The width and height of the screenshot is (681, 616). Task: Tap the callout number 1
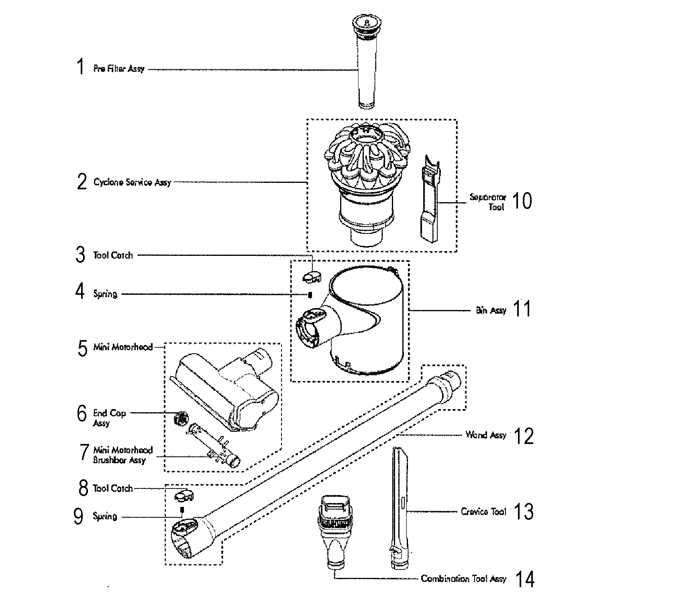[x=81, y=67]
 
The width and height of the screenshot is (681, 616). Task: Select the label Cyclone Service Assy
[x=132, y=182]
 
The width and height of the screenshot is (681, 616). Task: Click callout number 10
[x=522, y=201]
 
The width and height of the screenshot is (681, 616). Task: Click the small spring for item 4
[x=310, y=295]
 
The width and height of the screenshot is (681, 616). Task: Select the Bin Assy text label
[x=491, y=310]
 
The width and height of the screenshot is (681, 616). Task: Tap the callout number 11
[x=522, y=309]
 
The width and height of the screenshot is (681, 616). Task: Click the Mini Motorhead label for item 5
[x=123, y=347]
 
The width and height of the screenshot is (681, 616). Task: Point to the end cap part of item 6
[x=180, y=419]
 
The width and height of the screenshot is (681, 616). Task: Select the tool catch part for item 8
[x=184, y=496]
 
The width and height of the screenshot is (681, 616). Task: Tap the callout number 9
[x=78, y=517]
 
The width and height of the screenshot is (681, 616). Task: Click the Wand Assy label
[x=485, y=435]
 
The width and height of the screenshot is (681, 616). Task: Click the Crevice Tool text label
[x=483, y=512]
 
